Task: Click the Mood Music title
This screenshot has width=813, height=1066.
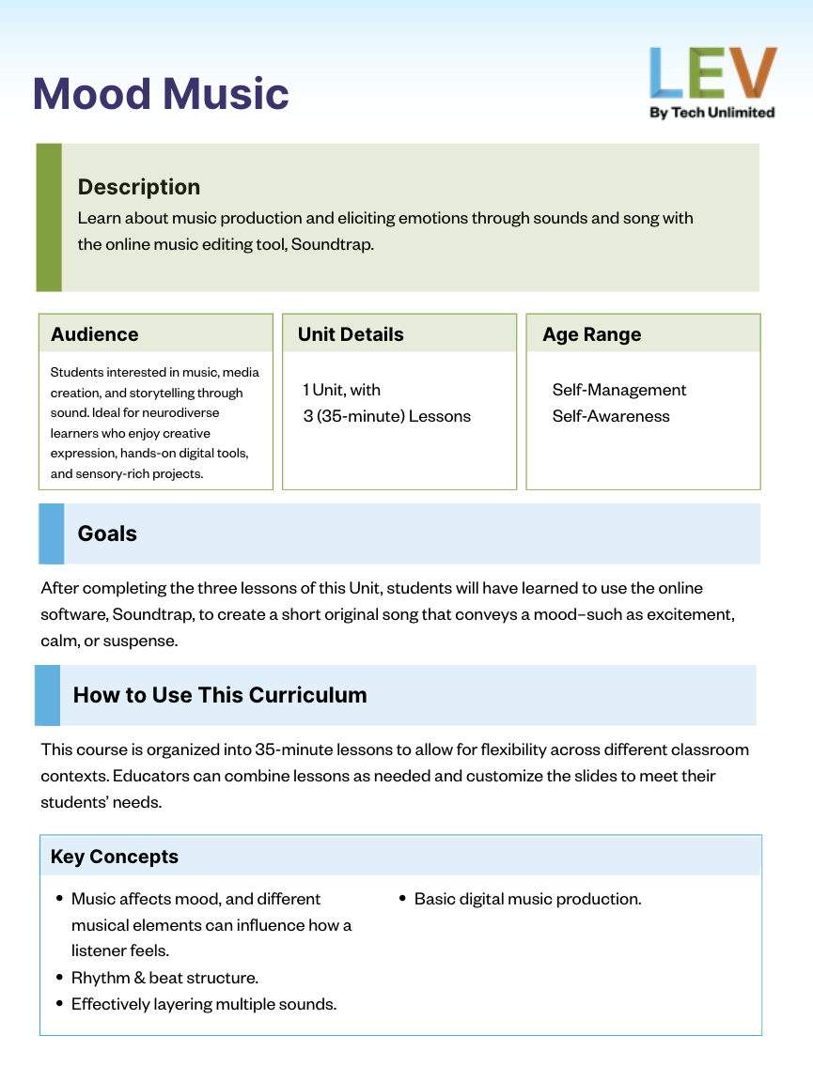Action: click(161, 94)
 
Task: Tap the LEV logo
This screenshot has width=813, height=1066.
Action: click(712, 74)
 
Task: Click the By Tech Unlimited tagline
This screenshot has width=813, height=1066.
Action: click(712, 113)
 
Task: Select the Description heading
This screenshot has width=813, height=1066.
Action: click(139, 187)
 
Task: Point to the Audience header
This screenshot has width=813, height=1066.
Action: click(95, 334)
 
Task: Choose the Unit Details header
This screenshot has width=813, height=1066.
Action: click(351, 334)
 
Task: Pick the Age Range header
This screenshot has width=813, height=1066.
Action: click(592, 334)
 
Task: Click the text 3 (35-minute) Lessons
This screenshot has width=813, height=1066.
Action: click(386, 416)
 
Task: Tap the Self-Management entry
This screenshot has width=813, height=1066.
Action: click(619, 390)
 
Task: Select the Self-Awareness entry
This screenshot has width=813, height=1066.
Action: click(611, 416)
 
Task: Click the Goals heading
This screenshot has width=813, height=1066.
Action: click(107, 533)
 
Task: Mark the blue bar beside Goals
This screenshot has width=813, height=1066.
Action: click(51, 533)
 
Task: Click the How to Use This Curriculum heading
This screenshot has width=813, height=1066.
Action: click(220, 695)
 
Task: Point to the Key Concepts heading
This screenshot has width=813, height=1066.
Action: click(115, 857)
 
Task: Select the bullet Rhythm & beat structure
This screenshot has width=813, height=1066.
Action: click(164, 978)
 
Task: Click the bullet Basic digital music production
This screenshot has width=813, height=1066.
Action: click(527, 899)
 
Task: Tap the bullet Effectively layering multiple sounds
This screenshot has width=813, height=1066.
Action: click(204, 1004)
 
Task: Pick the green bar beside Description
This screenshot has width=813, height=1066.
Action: click(49, 217)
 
